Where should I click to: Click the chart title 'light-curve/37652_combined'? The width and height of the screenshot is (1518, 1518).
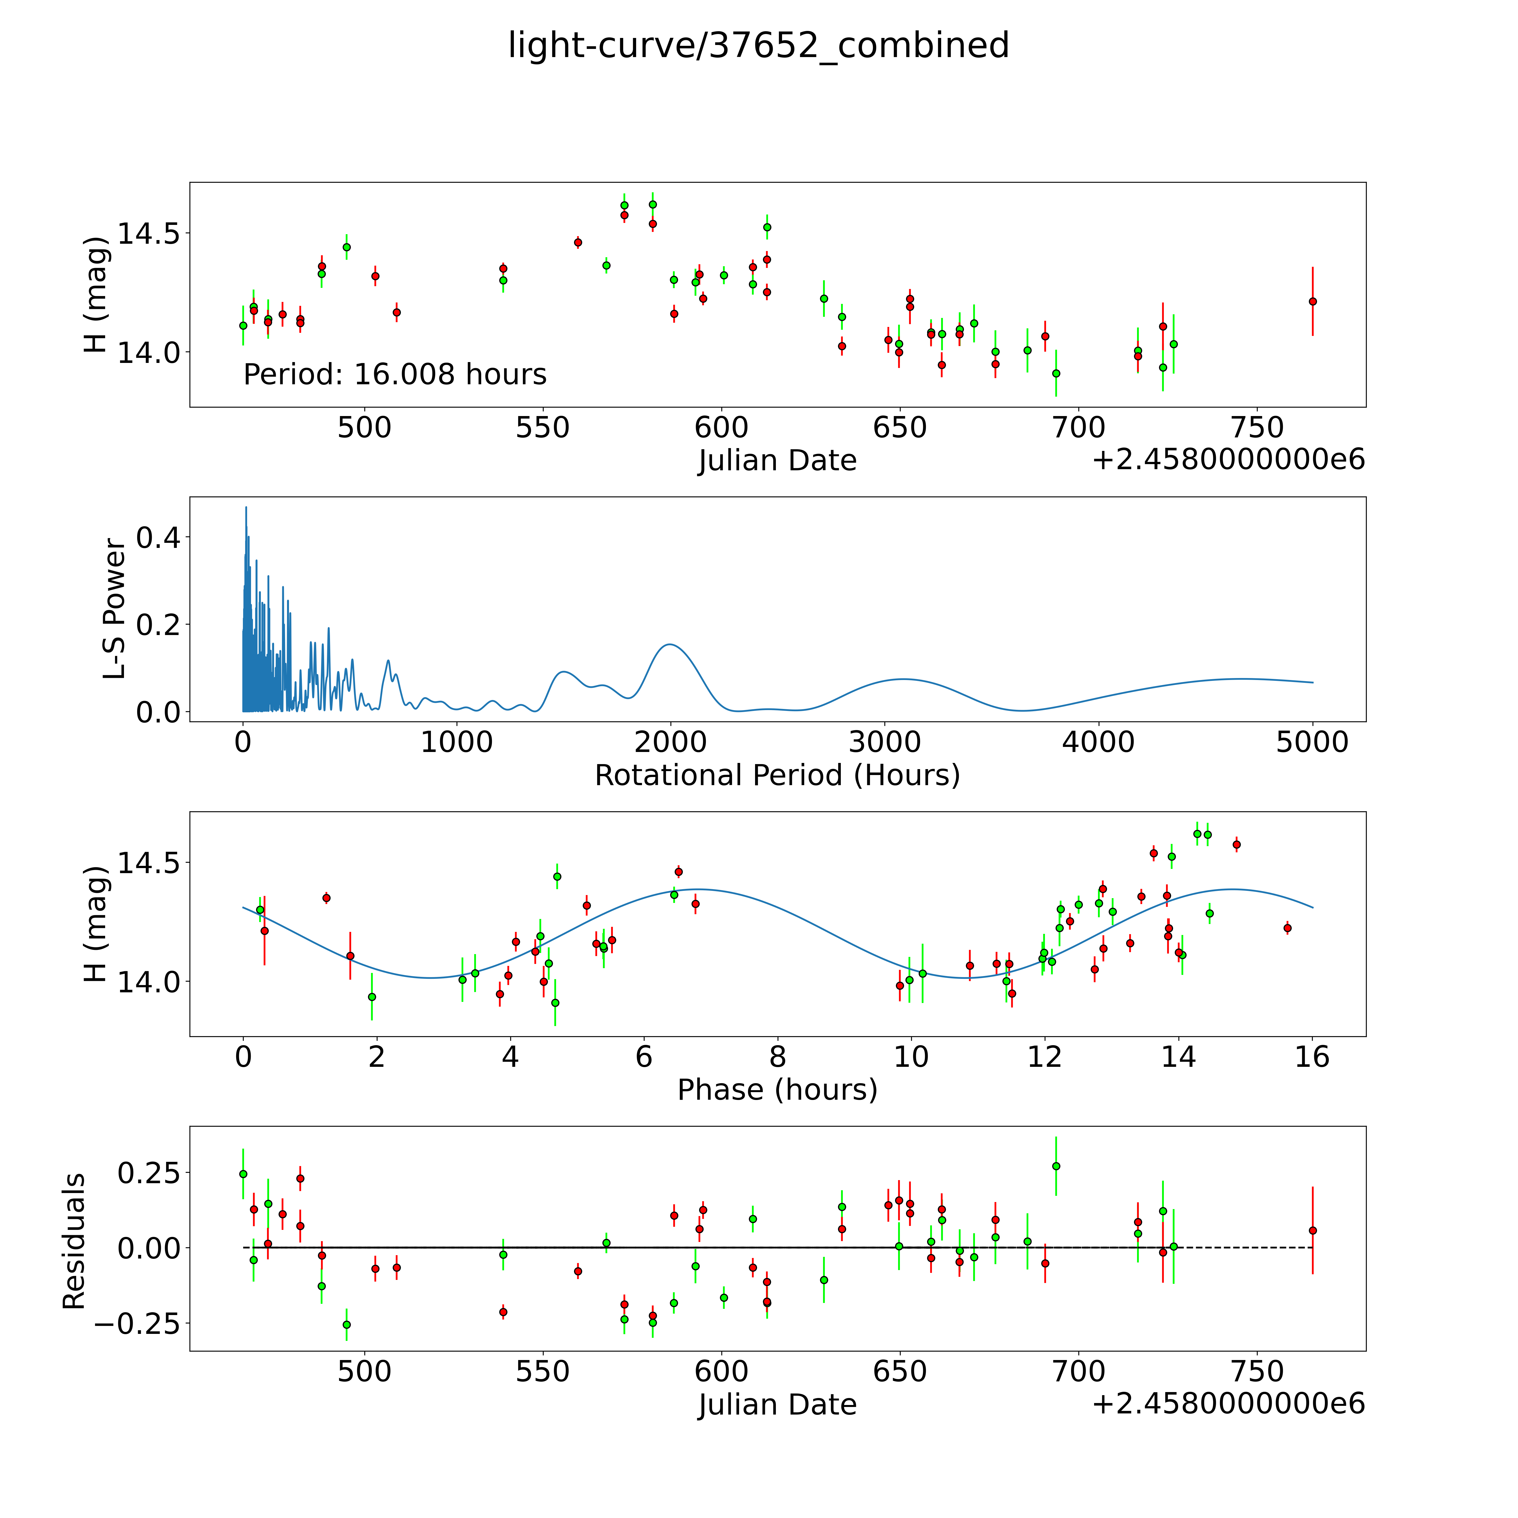pos(758,46)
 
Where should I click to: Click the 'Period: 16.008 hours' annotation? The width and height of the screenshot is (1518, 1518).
pos(394,374)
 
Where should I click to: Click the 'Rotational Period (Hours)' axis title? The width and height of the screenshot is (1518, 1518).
pos(777,776)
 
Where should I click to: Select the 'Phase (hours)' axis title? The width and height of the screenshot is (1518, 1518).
pos(777,1090)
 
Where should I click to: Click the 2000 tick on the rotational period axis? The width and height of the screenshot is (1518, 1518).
pos(670,742)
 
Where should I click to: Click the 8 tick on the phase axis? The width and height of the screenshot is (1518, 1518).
pos(777,1057)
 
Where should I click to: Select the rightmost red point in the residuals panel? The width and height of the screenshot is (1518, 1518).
pos(1312,1230)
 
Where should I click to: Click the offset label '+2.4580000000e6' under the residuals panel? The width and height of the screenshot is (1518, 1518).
pos(1228,1404)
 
